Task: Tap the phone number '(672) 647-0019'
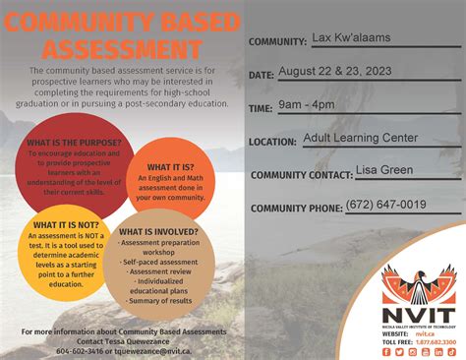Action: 385,205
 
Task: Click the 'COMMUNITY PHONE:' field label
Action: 295,209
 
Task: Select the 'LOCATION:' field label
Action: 273,143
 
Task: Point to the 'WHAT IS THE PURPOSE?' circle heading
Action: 74,144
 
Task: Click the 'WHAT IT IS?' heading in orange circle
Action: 170,167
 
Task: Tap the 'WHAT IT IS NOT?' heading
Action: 68,225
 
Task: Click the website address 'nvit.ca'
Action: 423,333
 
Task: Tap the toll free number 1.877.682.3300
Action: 435,341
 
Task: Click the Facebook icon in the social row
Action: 386,352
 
